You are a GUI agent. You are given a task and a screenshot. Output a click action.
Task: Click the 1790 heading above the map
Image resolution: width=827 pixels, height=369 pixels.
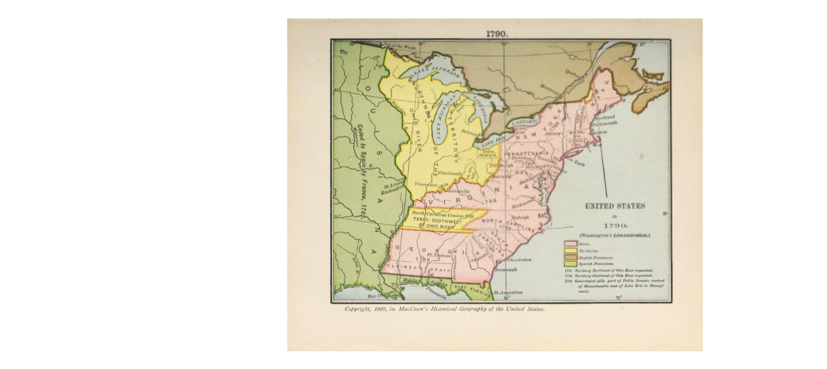click(x=496, y=34)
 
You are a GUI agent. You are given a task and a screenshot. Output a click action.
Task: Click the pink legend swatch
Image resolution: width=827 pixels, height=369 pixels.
click(x=570, y=244)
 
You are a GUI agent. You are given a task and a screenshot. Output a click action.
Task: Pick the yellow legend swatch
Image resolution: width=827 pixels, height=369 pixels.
click(x=570, y=251)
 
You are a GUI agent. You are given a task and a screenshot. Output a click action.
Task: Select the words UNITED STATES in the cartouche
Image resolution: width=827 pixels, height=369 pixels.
click(x=615, y=206)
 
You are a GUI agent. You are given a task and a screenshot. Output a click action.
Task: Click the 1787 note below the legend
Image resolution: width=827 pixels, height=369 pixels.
click(x=569, y=270)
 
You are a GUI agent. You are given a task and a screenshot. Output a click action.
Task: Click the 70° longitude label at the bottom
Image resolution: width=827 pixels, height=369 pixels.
click(x=619, y=298)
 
